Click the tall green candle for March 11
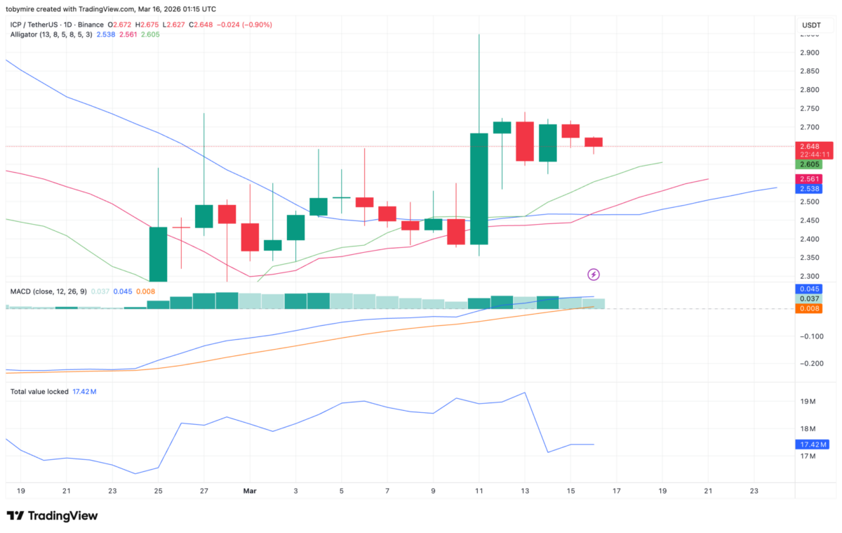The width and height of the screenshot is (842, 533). (479, 188)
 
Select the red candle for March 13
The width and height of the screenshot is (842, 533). (525, 141)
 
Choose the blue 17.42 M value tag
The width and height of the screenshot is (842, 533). (813, 445)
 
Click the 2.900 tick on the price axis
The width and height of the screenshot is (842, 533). (810, 53)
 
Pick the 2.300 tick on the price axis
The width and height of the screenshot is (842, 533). (810, 277)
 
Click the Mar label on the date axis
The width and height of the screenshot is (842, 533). (250, 491)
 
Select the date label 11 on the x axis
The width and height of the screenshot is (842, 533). (479, 491)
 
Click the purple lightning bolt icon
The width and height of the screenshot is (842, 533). (594, 274)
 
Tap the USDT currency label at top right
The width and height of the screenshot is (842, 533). (811, 25)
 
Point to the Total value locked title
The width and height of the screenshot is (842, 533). (39, 391)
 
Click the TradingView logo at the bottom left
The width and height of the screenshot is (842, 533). (52, 516)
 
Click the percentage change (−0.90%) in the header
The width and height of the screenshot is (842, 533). (256, 25)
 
